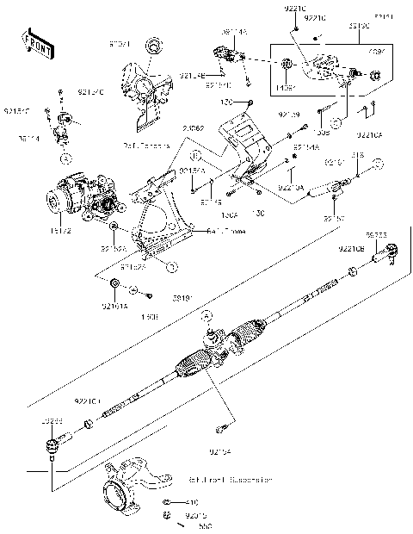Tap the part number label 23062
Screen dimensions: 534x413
click(194, 128)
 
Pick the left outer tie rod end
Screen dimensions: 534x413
click(52, 444)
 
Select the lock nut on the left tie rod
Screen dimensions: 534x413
click(89, 424)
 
